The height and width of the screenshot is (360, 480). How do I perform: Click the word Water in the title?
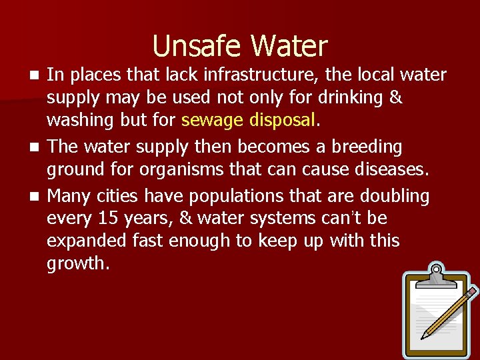coord(289,46)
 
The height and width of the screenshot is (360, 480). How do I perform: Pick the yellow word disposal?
coord(280,121)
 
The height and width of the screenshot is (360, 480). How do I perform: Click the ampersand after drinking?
coord(395,98)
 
